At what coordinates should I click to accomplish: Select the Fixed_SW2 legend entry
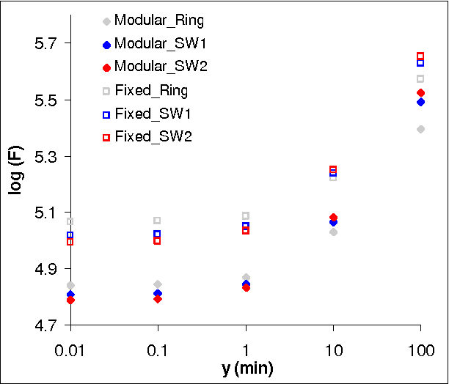click(x=153, y=137)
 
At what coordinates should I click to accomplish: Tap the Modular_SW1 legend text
click(x=155, y=44)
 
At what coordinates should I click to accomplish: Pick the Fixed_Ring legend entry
click(x=151, y=91)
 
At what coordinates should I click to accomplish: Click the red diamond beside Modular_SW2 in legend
click(x=106, y=67)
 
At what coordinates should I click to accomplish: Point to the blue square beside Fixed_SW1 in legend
click(x=106, y=114)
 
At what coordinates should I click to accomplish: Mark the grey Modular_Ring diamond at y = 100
click(x=420, y=129)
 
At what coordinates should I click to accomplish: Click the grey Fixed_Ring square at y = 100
click(x=420, y=78)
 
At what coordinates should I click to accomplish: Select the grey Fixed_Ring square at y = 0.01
click(x=70, y=221)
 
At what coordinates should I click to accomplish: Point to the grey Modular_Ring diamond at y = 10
click(x=333, y=232)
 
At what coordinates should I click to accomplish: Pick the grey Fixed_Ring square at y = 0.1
click(x=158, y=221)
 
